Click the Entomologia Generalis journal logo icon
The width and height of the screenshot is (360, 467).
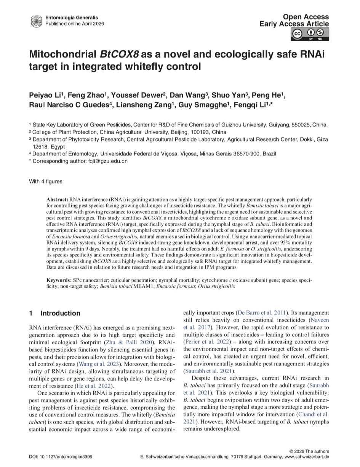36,21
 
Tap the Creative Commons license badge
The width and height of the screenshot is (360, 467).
310,34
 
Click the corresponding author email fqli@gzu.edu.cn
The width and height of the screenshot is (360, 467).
107,161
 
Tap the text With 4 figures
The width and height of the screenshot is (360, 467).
46,181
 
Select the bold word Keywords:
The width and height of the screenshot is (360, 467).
58,280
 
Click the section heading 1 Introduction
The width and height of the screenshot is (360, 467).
55,313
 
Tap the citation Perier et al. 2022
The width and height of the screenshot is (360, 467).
207,341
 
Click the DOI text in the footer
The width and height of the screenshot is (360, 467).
60,456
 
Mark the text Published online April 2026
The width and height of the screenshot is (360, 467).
74,23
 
